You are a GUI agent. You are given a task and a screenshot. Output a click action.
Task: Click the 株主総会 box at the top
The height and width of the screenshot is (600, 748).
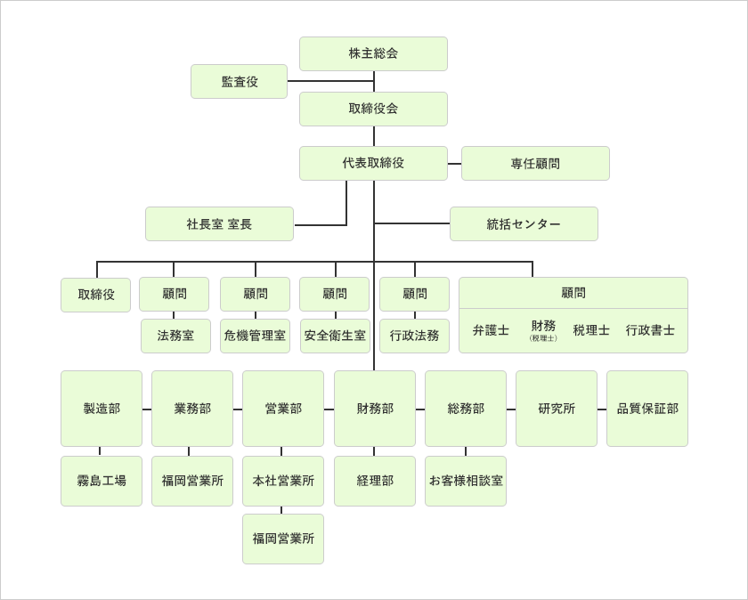(373, 53)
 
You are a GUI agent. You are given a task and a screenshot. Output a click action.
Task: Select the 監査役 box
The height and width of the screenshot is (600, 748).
(239, 81)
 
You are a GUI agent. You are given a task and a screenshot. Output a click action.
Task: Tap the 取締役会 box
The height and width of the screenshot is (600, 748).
(373, 109)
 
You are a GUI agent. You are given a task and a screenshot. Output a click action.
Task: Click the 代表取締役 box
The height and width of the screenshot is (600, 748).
(373, 163)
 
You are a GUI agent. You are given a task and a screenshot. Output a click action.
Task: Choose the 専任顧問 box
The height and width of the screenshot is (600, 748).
(535, 163)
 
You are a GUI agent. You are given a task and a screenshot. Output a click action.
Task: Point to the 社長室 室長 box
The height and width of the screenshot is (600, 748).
(219, 223)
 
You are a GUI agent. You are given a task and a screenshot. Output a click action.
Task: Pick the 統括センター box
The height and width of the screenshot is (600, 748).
(524, 223)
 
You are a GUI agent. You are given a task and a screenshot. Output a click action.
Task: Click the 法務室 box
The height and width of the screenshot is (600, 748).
(175, 336)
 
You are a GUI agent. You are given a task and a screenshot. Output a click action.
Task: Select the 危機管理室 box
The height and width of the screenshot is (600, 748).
(255, 336)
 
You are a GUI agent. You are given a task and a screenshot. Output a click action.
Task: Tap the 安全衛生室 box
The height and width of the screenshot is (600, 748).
(335, 336)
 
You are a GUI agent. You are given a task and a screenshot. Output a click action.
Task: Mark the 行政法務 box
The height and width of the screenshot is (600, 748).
(414, 336)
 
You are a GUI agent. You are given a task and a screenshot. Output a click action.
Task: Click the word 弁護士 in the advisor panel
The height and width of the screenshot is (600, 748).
(491, 330)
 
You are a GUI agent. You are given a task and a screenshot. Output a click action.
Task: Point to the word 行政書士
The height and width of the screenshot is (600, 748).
(650, 330)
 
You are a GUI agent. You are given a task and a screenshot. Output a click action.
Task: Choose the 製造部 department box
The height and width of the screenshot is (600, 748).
(102, 409)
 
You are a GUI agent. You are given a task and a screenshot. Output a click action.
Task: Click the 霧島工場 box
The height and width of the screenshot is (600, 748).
(102, 481)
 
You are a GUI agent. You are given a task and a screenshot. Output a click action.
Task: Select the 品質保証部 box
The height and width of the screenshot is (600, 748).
(647, 409)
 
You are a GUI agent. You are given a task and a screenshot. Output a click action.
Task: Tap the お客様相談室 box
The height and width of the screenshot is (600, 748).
(466, 481)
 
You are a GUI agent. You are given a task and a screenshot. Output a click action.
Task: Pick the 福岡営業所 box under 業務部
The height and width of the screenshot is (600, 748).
(192, 481)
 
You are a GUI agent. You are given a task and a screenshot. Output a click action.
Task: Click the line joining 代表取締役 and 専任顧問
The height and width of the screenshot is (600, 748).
(454, 164)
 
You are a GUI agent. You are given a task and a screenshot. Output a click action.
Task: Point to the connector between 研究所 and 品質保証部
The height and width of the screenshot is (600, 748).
(602, 409)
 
